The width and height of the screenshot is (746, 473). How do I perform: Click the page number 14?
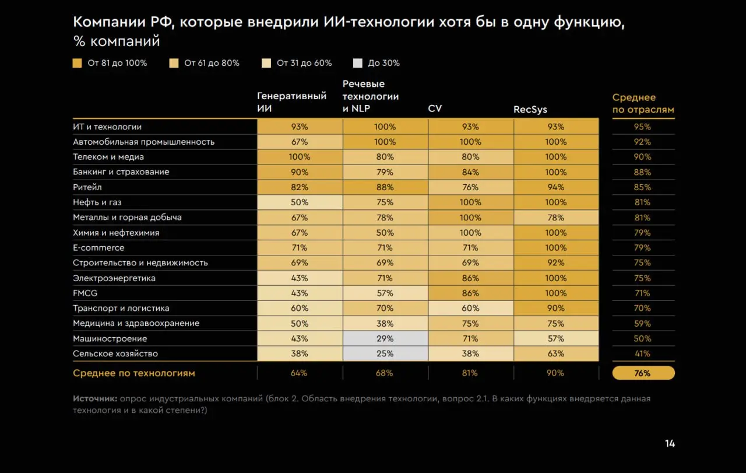(x=670, y=444)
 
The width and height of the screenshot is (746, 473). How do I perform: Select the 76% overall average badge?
(x=643, y=373)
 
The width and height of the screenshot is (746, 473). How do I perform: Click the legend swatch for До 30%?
(x=358, y=63)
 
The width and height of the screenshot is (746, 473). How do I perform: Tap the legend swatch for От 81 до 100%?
(x=77, y=63)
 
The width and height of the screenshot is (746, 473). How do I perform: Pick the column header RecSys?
(x=530, y=110)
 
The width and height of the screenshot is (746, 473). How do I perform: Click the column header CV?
(x=435, y=109)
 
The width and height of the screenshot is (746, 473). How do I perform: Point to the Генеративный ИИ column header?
(x=291, y=103)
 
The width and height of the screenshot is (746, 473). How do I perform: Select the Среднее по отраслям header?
(x=643, y=103)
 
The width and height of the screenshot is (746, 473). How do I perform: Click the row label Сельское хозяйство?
(x=115, y=353)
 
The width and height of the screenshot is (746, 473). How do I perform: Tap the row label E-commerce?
(x=98, y=248)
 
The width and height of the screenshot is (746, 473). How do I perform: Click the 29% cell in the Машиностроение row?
(x=385, y=338)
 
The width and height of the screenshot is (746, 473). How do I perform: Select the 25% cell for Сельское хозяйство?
(x=385, y=353)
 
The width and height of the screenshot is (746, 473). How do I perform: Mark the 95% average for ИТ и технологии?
(x=642, y=127)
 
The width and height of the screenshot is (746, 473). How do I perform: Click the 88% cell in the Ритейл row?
(x=385, y=187)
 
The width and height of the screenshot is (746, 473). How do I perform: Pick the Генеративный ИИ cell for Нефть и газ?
(x=300, y=202)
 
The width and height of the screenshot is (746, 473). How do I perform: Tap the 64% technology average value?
(x=300, y=373)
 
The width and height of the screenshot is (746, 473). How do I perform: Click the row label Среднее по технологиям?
(x=134, y=373)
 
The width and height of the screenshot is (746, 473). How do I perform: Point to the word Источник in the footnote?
(x=94, y=399)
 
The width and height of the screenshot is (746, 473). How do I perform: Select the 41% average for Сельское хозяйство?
(x=642, y=353)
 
